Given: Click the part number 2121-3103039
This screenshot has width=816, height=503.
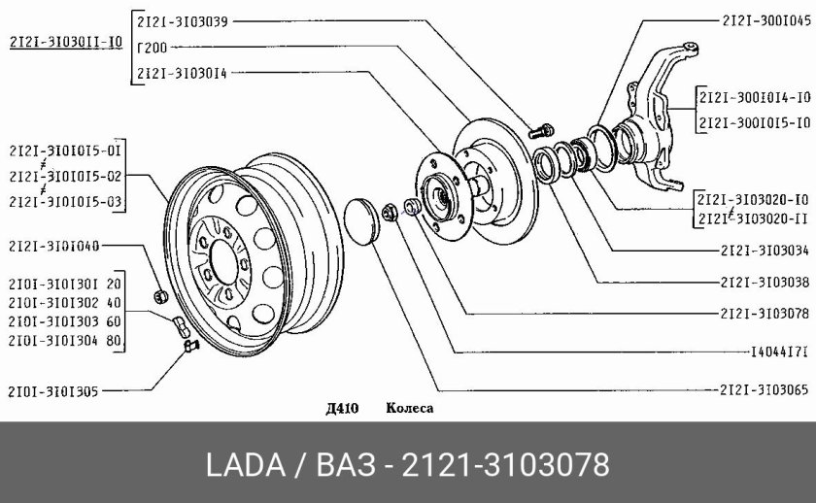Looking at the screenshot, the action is (183, 21).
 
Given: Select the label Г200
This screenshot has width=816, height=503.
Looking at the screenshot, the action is (152, 48).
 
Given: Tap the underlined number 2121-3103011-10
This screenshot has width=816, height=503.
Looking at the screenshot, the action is (66, 42).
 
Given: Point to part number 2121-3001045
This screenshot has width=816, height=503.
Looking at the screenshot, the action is (766, 20).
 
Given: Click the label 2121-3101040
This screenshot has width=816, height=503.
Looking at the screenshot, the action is (53, 246).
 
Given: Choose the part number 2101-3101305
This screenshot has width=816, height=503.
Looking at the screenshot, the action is (53, 391).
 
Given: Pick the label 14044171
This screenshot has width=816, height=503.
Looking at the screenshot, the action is (779, 352).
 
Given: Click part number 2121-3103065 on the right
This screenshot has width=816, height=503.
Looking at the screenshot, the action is (764, 389).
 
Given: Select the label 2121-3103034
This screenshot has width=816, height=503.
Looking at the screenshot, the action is (765, 251).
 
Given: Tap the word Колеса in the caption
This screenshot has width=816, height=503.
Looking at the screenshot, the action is (410, 408).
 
